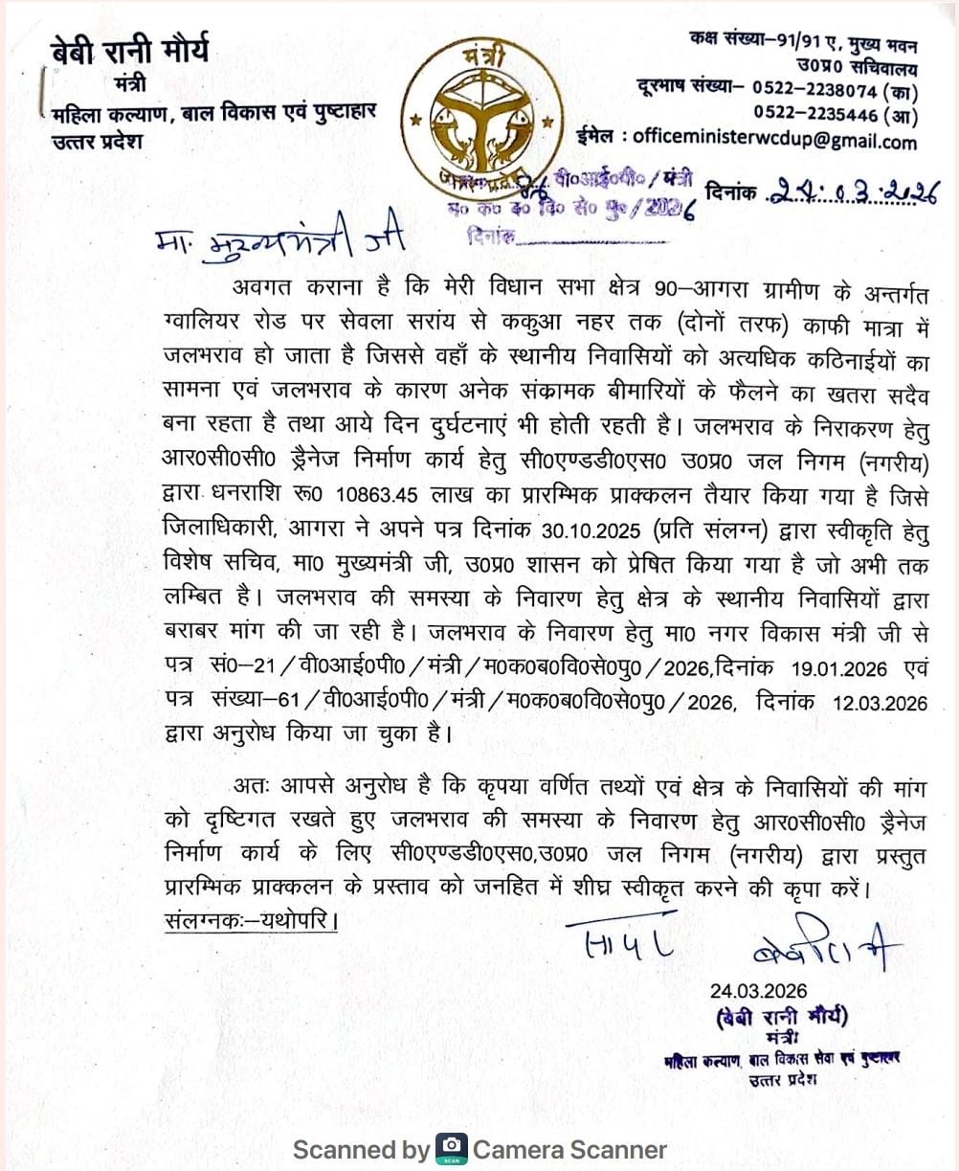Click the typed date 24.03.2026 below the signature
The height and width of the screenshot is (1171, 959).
click(758, 991)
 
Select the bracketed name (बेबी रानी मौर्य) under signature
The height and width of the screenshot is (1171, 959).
click(779, 1017)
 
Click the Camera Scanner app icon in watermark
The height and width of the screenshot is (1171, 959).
click(452, 1148)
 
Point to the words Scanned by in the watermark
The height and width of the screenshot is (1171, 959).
click(362, 1149)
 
